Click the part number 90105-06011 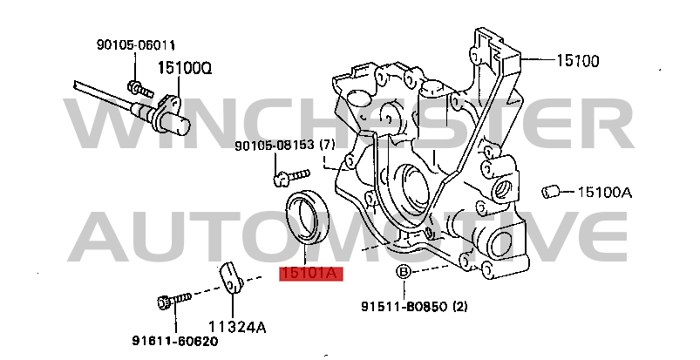[x=136, y=45]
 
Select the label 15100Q [x=185, y=68]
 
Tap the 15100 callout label [x=578, y=60]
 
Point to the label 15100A [x=605, y=192]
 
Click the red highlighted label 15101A [x=311, y=274]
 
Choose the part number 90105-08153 [x=275, y=146]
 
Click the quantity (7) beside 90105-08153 [x=327, y=145]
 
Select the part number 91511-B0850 [x=404, y=307]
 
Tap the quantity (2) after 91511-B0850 [x=459, y=306]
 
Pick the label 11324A [x=238, y=328]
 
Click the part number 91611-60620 [x=175, y=341]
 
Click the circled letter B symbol [x=404, y=271]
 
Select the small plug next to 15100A [x=550, y=192]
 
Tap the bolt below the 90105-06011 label [x=140, y=88]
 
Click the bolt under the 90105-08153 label [x=291, y=177]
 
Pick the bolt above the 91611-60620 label [x=174, y=300]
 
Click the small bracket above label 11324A [x=231, y=279]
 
